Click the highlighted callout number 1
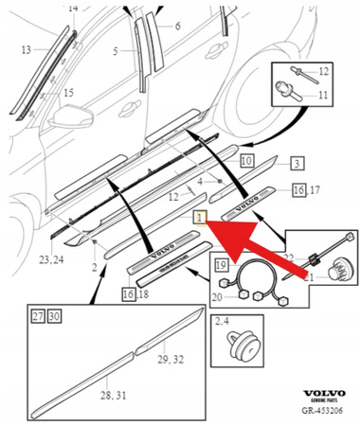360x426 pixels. (199, 218)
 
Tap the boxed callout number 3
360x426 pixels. (296, 164)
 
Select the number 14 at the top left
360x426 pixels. (74, 8)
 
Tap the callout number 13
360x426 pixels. (26, 49)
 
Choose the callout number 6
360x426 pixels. (177, 27)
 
